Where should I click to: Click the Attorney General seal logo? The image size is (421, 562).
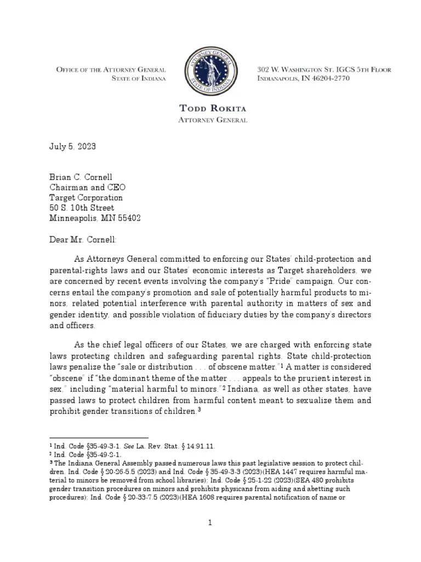tap(211, 74)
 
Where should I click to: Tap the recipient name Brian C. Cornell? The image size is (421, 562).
tap(80, 176)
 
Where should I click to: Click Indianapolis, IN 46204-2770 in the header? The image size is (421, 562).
tap(303, 79)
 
